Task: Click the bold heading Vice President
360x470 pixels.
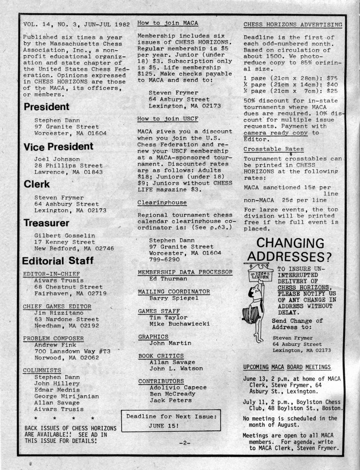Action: pyautogui.click(x=58, y=146)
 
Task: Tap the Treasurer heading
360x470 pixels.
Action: pyautogui.click(x=46, y=223)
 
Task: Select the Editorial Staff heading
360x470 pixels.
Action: pyautogui.click(x=58, y=261)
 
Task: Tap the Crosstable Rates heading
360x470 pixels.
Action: pyautogui.click(x=274, y=149)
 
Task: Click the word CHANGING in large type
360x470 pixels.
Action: pyautogui.click(x=290, y=243)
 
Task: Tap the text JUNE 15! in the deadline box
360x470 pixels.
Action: pyautogui.click(x=164, y=425)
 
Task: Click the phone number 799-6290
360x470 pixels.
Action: pyautogui.click(x=164, y=259)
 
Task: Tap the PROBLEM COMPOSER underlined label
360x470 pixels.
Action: pyautogui.click(x=53, y=338)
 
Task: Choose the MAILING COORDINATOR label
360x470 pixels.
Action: pyautogui.click(x=174, y=291)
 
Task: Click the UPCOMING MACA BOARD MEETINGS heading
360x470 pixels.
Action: pyautogui.click(x=287, y=367)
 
